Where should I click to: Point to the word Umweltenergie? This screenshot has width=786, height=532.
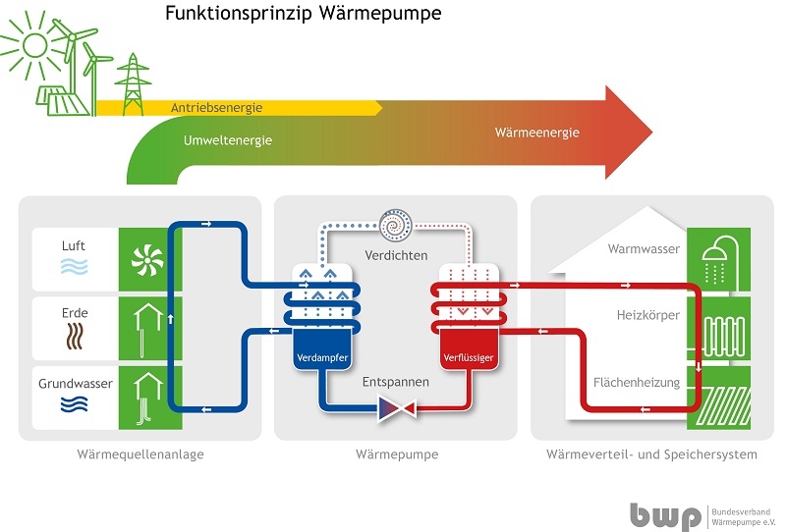(x=228, y=140)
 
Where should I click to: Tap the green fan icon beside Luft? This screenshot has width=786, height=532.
(x=143, y=258)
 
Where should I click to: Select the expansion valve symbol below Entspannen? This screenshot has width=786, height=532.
(x=396, y=406)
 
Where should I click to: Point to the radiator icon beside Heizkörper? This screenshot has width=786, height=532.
(x=716, y=328)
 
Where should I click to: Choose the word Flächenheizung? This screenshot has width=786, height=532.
(x=637, y=383)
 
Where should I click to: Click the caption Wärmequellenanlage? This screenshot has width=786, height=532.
(x=140, y=454)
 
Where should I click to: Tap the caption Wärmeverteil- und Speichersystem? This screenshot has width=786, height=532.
(x=651, y=454)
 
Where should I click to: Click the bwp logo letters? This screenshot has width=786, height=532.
(x=665, y=514)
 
